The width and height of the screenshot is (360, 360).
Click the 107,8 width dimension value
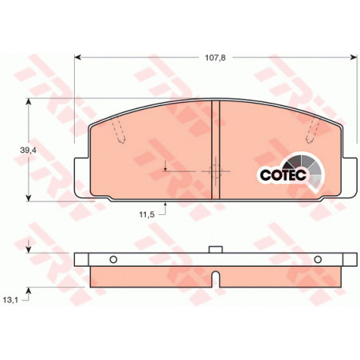215,57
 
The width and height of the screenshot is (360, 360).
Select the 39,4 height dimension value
28,151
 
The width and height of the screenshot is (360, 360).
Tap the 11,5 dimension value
147,214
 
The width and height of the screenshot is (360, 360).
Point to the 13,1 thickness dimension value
10,300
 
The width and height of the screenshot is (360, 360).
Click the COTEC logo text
283,174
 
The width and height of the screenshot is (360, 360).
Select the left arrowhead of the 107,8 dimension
77,57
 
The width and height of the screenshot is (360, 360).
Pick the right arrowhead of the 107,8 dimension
354,57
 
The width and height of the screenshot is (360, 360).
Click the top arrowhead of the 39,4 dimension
29,102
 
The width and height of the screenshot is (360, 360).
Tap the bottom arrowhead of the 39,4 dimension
29,198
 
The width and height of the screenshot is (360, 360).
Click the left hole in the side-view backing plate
113,260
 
